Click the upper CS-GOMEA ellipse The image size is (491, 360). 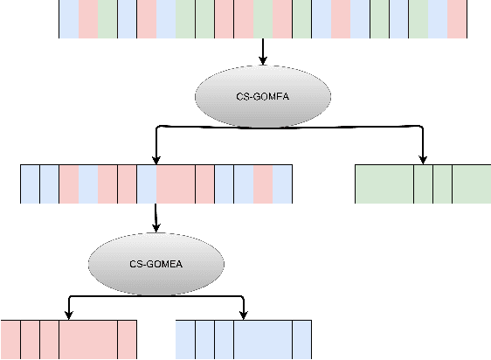point(263,97)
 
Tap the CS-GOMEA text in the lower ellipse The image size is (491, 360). point(156,263)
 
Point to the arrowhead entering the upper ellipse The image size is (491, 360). point(263,61)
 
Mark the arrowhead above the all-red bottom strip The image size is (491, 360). point(68,315)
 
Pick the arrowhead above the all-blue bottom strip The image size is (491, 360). point(243,315)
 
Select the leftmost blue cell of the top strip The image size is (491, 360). point(68,19)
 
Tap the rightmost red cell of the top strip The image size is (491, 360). point(457,19)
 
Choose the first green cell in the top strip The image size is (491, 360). point(107,19)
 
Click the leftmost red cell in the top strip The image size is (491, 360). point(87,19)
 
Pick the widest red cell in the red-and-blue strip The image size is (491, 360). point(176,183)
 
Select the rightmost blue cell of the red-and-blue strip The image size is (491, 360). point(282,183)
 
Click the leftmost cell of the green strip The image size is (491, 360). point(384,183)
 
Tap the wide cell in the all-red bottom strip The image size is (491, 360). point(87,340)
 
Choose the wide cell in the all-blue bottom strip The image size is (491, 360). point(262,340)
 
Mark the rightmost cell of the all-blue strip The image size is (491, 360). point(301,340)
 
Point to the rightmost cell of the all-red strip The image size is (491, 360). point(127,340)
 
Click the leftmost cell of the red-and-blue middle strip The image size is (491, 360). point(30,183)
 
